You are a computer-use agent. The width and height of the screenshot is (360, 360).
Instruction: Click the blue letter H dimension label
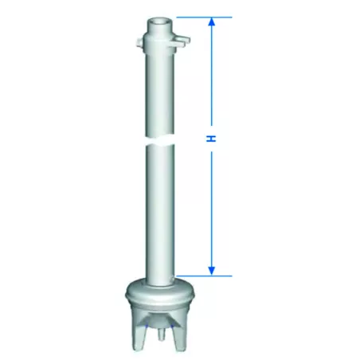(211, 139)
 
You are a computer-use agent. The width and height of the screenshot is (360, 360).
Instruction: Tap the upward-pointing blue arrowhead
(211, 22)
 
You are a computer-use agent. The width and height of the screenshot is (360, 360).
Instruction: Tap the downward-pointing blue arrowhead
(211, 271)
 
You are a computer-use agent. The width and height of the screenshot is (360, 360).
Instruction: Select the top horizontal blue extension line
(204, 18)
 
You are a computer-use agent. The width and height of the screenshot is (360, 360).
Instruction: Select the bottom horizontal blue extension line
(204, 276)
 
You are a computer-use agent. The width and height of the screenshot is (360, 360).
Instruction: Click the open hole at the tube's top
(160, 22)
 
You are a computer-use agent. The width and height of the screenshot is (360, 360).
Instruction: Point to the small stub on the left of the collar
(139, 42)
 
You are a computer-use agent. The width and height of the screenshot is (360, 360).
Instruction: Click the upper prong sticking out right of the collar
(182, 39)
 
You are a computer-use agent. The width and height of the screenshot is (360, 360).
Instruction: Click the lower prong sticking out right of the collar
(178, 45)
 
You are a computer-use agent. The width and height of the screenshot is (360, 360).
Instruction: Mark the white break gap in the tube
(160, 140)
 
